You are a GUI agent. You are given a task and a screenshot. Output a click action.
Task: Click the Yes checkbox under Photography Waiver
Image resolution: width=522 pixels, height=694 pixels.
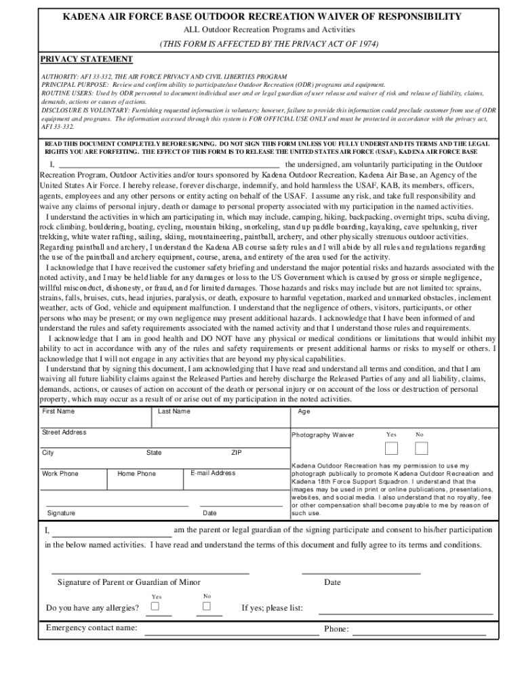tap(392, 448)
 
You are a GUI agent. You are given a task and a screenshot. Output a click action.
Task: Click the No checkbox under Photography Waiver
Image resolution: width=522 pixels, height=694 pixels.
tap(421, 448)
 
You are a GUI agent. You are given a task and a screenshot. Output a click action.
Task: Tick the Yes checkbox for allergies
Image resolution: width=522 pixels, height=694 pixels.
tap(155, 607)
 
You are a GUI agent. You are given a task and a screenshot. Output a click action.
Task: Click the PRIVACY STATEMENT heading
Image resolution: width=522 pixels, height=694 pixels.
tap(86, 60)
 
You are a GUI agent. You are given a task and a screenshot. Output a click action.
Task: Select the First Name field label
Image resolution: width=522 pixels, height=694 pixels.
tap(58, 411)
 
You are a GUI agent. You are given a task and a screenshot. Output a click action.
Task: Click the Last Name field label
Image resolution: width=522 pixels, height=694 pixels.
tap(174, 411)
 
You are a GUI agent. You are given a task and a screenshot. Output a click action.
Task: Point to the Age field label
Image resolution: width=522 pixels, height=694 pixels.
tap(304, 411)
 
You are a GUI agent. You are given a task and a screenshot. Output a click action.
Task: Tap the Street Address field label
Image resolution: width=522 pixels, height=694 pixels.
tap(64, 432)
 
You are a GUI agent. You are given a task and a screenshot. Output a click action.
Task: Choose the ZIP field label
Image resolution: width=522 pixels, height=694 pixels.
tap(237, 453)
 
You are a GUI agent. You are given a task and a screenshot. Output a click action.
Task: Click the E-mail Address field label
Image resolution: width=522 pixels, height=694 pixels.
tap(213, 473)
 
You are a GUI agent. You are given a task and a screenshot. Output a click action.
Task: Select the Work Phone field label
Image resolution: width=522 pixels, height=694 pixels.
tap(60, 474)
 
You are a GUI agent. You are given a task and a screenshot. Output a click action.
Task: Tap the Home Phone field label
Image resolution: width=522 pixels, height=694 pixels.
tap(136, 474)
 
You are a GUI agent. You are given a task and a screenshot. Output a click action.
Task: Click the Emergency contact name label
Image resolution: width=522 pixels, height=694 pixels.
tap(92, 628)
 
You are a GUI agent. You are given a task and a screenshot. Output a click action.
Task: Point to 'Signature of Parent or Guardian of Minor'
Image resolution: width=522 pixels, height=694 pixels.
tap(129, 582)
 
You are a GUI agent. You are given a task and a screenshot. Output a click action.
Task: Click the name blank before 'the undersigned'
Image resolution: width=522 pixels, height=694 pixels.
tap(169, 165)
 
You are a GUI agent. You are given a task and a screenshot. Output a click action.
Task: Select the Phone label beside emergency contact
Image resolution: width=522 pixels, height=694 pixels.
tap(336, 629)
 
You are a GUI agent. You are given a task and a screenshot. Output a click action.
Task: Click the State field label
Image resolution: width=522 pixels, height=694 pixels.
tap(154, 453)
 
